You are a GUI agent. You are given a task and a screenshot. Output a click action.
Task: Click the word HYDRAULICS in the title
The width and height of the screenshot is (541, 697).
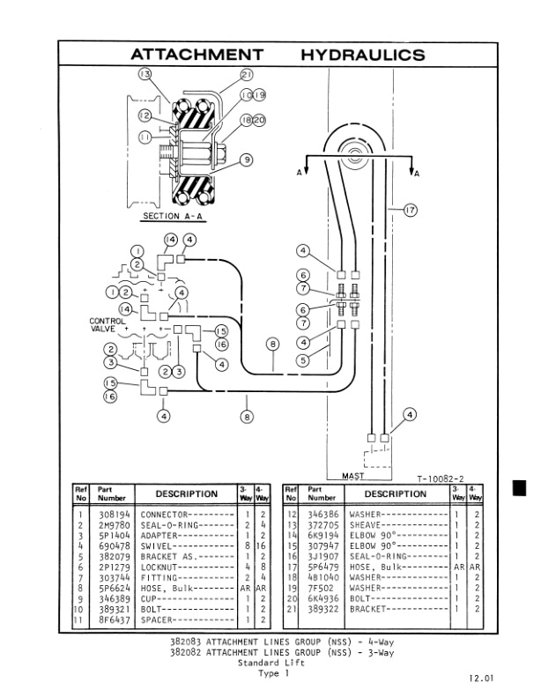[x=362, y=55]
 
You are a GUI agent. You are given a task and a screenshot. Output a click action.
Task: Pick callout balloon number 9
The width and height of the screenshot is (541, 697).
[x=247, y=159]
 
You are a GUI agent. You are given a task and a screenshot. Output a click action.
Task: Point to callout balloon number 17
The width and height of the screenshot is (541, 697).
[x=409, y=210]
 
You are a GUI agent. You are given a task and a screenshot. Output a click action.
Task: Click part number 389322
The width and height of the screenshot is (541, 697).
[x=323, y=608]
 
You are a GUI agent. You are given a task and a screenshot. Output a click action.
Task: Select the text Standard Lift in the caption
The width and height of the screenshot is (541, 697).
[x=270, y=663]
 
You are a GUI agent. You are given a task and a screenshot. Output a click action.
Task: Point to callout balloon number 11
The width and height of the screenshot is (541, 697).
[x=145, y=137]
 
